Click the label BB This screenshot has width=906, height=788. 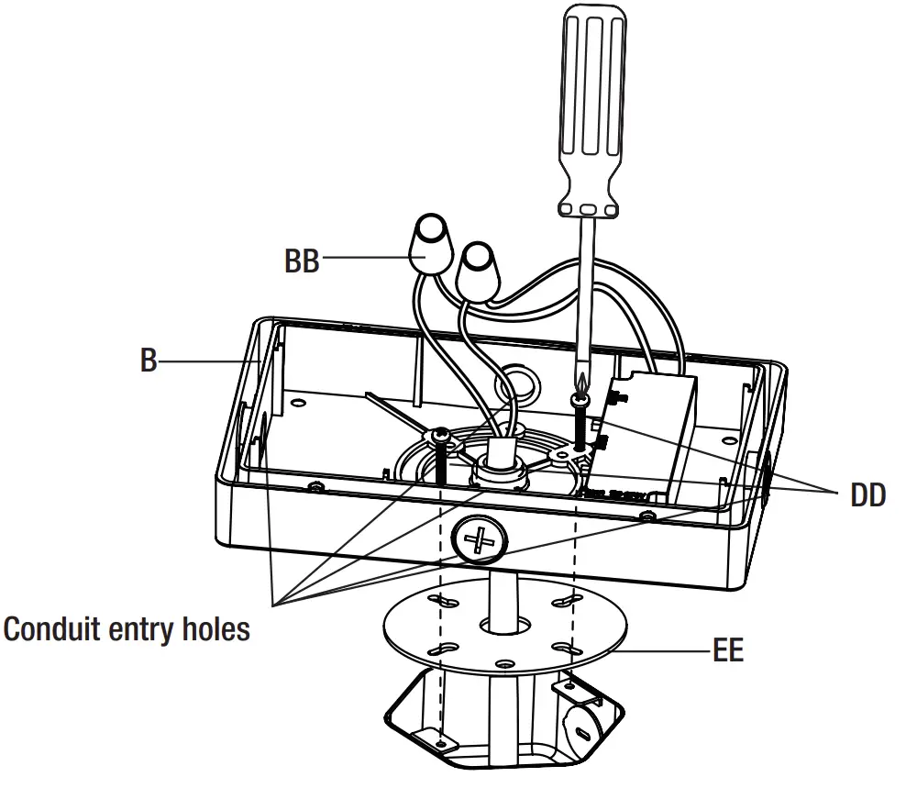(302, 261)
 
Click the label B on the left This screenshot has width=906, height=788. (148, 361)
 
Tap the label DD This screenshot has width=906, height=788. (867, 495)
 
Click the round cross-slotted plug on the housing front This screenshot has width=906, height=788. (479, 539)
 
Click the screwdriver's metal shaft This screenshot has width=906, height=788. (584, 294)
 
